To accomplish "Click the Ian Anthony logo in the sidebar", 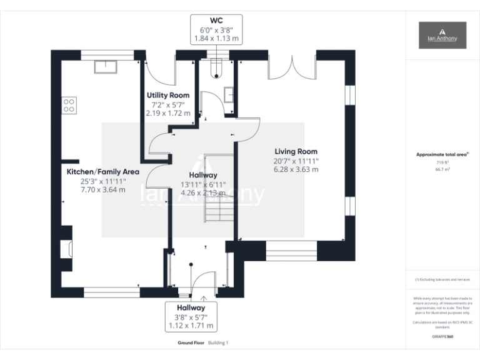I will [442, 35].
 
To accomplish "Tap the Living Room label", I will [296, 151].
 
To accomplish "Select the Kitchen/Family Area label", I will [103, 171].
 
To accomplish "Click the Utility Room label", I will [167, 95].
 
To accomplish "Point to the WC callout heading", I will [216, 19].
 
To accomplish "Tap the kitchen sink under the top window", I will [102, 66].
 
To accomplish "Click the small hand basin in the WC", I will [229, 94].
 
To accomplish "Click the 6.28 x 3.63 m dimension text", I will [296, 169].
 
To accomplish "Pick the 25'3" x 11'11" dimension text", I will [103, 181].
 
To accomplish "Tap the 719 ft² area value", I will [442, 162].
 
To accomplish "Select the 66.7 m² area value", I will [442, 169].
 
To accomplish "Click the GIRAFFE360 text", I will [442, 336].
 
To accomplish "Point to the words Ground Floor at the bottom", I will [191, 343].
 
